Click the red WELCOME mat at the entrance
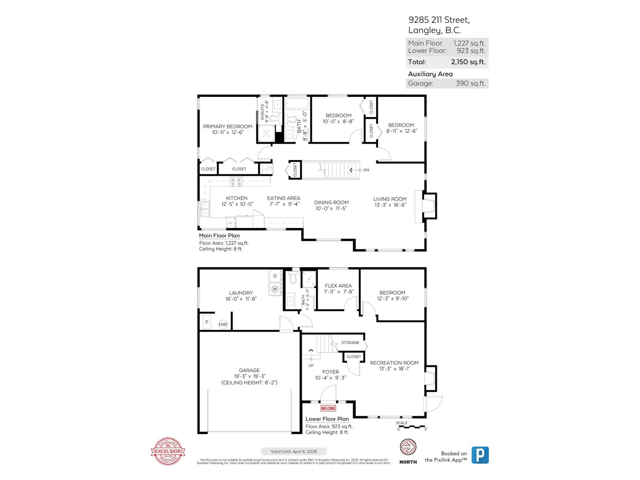328,408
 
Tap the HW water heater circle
223,324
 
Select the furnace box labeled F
207,322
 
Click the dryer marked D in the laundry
275,276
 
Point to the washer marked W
275,288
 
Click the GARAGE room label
249,370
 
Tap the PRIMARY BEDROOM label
228,126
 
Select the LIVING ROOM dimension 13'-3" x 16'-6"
390,205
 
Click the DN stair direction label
366,170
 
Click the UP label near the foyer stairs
311,365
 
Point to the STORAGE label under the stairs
350,342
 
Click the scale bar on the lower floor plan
412,427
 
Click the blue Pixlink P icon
480,455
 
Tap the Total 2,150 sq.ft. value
468,62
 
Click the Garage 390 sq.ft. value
470,83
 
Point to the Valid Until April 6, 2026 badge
294,451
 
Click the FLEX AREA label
338,286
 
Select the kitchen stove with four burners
236,182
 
